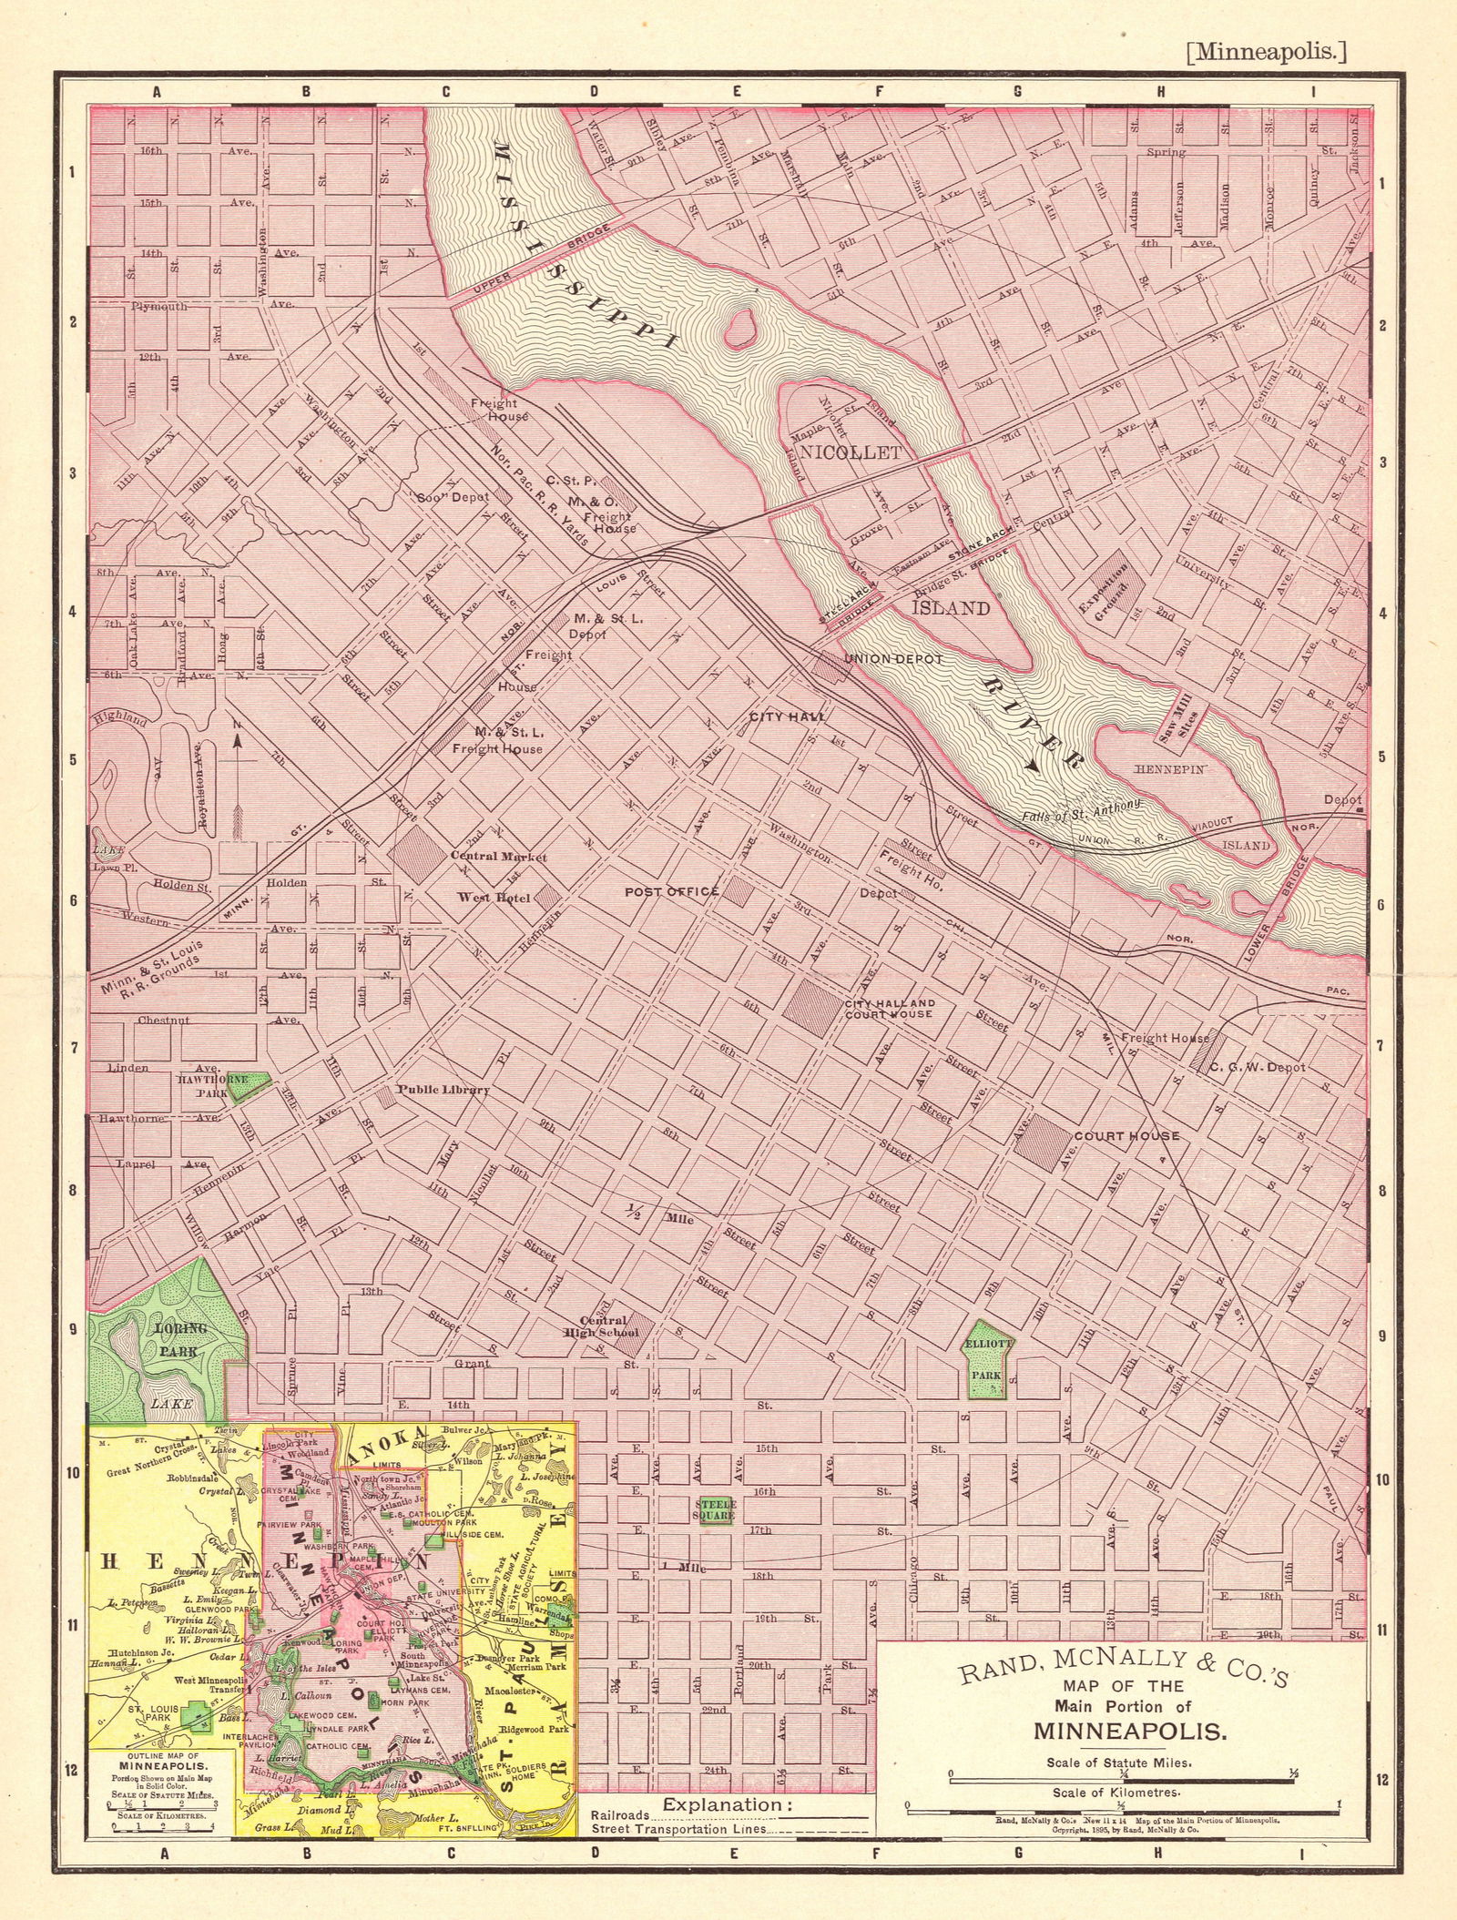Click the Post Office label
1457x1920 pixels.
click(671, 891)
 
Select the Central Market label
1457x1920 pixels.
click(498, 857)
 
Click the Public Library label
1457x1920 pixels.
click(443, 1090)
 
